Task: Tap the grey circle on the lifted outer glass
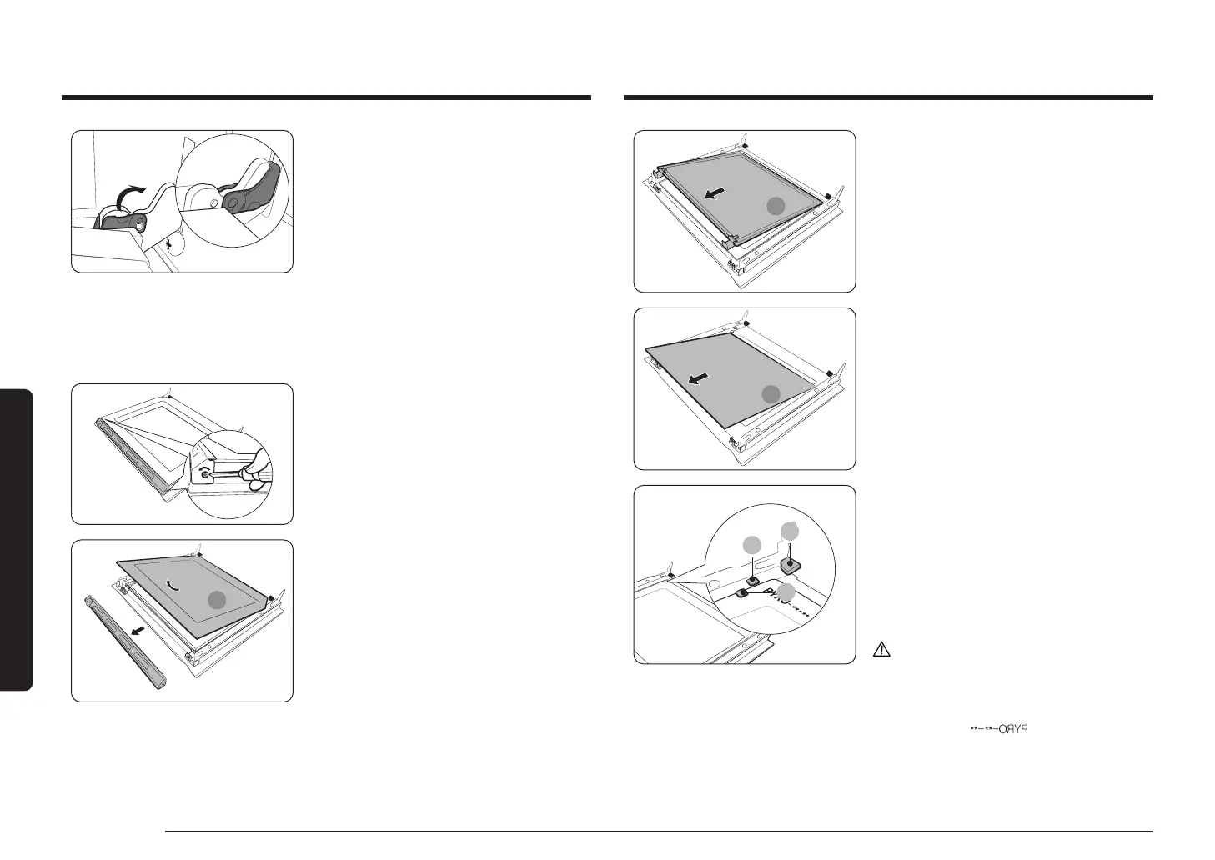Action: (x=217, y=600)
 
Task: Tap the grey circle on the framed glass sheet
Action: (x=776, y=207)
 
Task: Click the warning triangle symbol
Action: (x=882, y=650)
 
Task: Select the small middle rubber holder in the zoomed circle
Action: (x=752, y=580)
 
